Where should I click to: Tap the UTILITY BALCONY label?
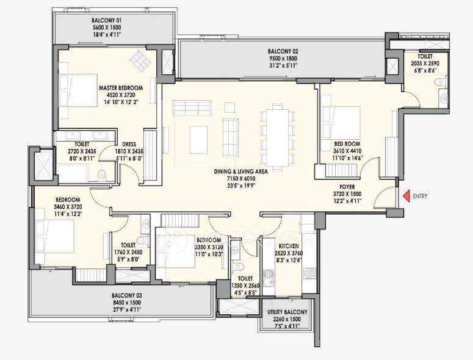(x=287, y=312)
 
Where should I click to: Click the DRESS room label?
(x=128, y=144)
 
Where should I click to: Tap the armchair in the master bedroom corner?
(x=141, y=60)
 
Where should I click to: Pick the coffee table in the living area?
(x=198, y=139)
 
